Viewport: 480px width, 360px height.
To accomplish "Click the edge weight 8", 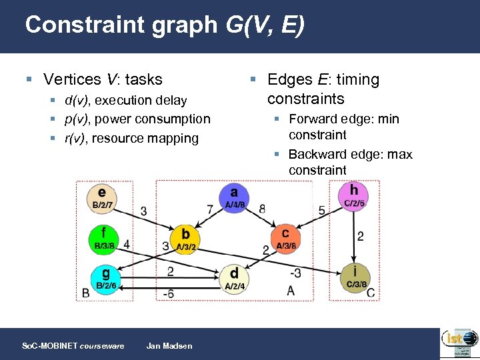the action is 262,209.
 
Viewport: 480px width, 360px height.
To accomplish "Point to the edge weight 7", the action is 210,209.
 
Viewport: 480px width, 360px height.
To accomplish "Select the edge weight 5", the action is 321,210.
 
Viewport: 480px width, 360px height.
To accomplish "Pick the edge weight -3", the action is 294,273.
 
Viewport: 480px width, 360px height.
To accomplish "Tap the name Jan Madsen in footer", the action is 169,345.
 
